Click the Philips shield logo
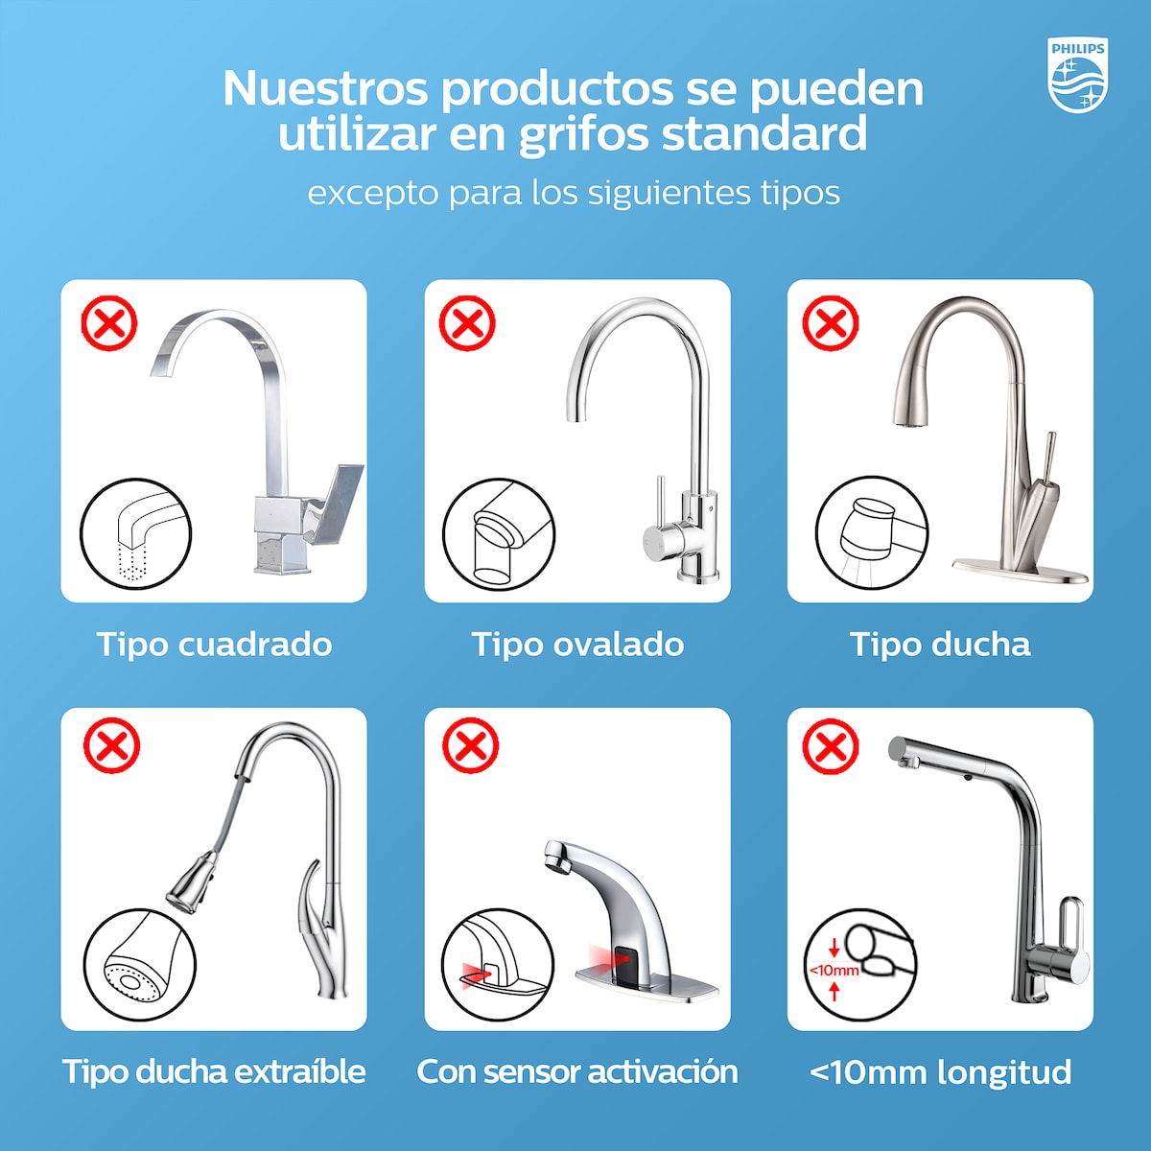[x=1078, y=76]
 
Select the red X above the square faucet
[x=109, y=324]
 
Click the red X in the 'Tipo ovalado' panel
[x=467, y=324]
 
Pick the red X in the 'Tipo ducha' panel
[x=830, y=324]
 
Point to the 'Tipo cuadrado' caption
[x=214, y=644]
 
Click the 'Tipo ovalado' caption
[x=577, y=644]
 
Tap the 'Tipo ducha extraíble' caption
[x=214, y=1071]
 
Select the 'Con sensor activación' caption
[x=577, y=1071]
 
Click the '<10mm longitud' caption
[x=940, y=1071]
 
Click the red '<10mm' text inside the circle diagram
[x=834, y=970]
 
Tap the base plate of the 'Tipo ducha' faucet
[x=1021, y=575]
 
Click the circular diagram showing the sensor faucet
[x=497, y=964]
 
